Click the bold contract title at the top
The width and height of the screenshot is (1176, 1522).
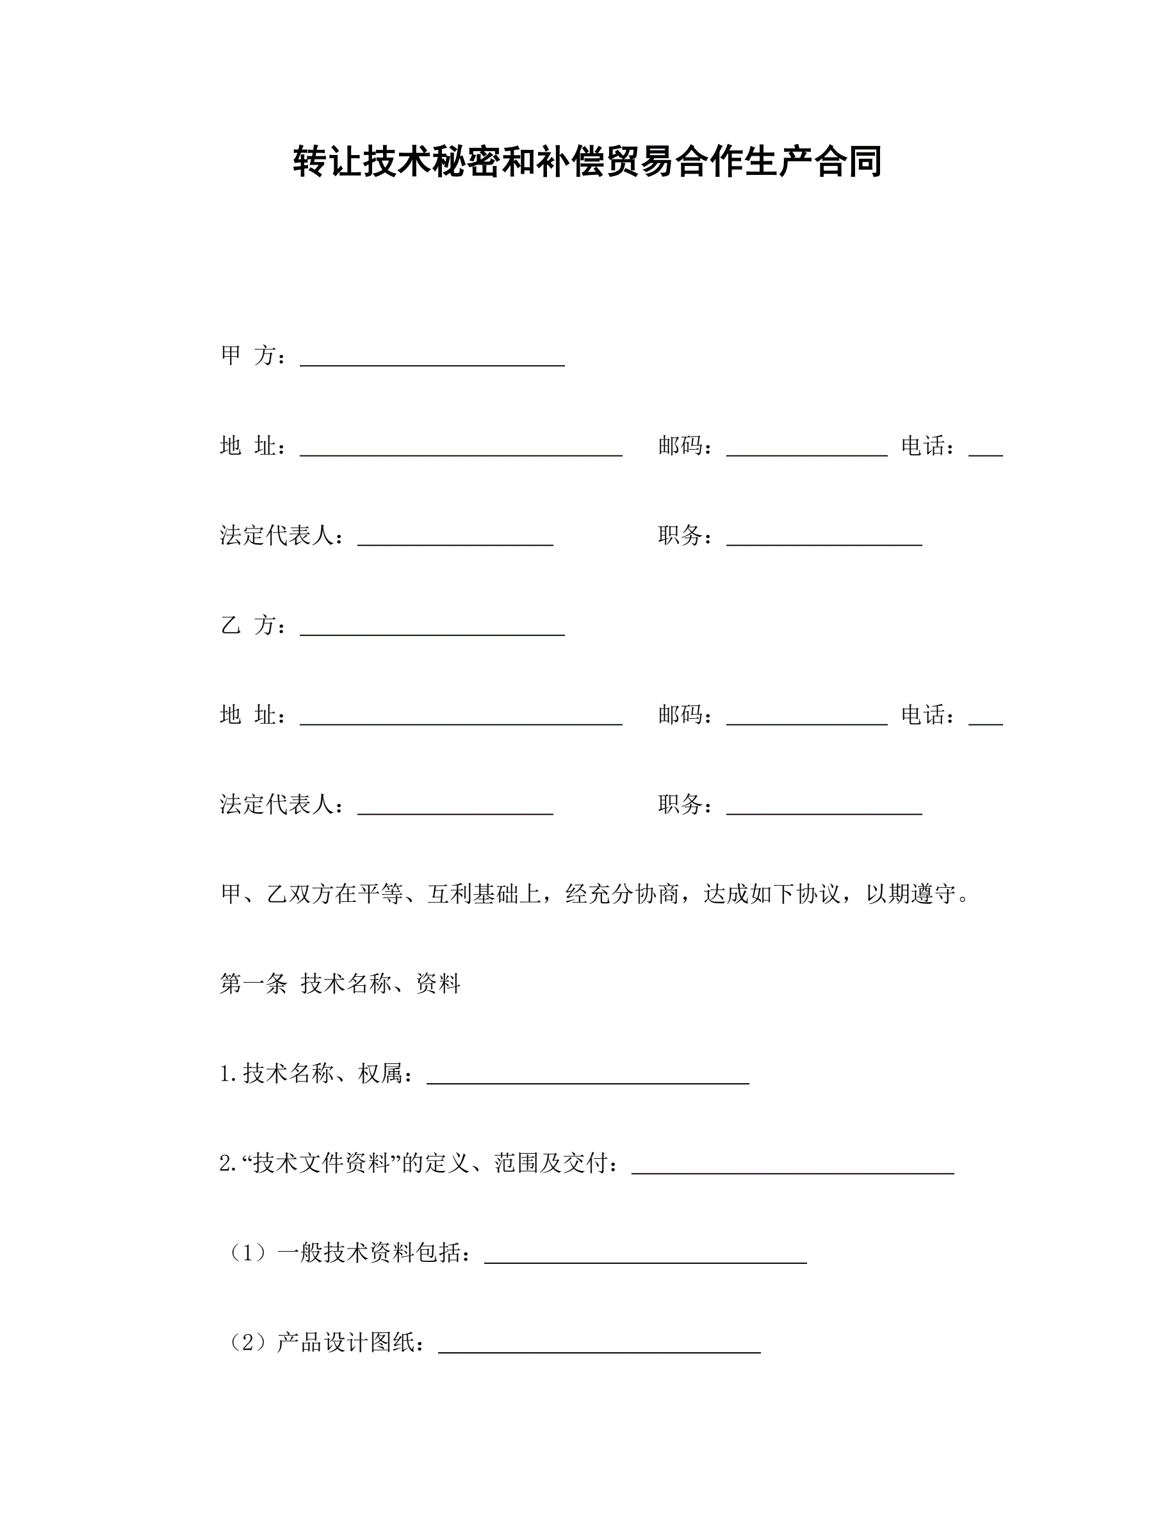[x=587, y=161]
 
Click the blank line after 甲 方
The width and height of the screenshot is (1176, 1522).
[x=432, y=358]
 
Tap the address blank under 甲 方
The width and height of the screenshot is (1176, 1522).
[x=461, y=448]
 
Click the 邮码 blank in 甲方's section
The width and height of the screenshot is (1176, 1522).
[x=806, y=448]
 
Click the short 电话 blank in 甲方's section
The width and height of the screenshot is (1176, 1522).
[x=985, y=448]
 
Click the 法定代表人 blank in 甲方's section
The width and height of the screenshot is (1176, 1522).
[x=455, y=538]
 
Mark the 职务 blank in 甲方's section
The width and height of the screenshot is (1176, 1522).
[x=824, y=538]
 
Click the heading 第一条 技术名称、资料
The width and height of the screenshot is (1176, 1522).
[x=340, y=984]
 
